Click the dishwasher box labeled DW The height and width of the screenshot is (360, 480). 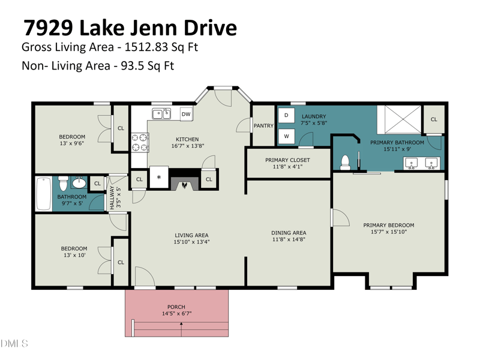[186, 114]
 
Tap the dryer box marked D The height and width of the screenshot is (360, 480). [286, 115]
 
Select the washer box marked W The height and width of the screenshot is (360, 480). [286, 136]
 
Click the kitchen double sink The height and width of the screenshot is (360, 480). [161, 113]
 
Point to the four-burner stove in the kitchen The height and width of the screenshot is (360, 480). [140, 142]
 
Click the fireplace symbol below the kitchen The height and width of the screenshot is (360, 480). [185, 183]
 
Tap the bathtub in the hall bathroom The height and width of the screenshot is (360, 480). [43, 193]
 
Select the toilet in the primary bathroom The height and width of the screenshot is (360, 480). [345, 163]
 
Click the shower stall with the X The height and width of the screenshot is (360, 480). [399, 119]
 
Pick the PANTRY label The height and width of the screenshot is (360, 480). [263, 125]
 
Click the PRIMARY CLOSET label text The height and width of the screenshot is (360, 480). [287, 160]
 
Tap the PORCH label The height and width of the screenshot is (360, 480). [176, 307]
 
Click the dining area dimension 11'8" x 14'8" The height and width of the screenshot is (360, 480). [289, 239]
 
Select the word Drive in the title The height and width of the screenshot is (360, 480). [211, 28]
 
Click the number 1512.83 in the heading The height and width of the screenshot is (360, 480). [146, 47]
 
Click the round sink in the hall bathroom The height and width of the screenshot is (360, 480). [79, 183]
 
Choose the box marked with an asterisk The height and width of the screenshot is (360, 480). [159, 177]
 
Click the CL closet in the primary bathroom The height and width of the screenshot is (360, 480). [434, 119]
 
